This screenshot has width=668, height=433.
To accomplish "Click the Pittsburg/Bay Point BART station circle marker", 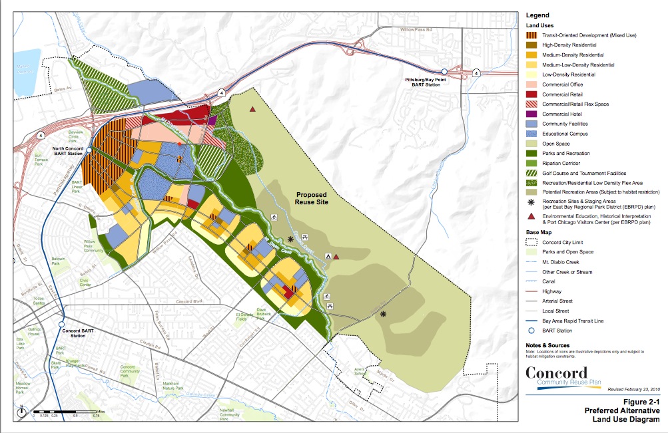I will pos(444,72).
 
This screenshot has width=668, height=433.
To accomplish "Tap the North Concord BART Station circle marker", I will pos(89,150).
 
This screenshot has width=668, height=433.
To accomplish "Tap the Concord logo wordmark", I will pos(556,372).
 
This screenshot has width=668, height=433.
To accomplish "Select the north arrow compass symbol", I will pos(22,411).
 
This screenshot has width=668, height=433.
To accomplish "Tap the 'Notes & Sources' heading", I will pos(547,346).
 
